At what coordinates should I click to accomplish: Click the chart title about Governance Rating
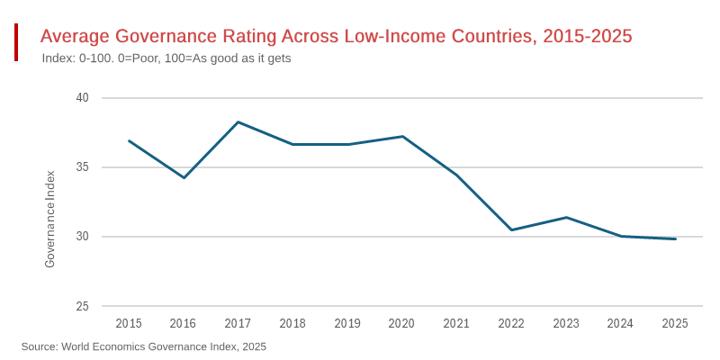[336, 37]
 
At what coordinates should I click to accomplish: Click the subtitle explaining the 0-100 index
[166, 58]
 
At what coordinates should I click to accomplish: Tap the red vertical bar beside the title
[16, 42]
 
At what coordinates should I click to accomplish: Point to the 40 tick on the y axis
[82, 98]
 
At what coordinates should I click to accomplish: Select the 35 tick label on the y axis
[82, 167]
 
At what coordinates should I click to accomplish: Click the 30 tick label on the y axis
[82, 237]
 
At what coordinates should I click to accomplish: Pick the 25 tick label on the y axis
[82, 307]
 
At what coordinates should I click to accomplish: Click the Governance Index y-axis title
[50, 219]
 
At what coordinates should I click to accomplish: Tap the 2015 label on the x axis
[129, 323]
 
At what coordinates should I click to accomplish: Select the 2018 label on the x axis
[292, 323]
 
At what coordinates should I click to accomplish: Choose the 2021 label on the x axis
[456, 323]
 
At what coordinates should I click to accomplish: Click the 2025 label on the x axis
[675, 323]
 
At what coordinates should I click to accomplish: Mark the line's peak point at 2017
[238, 121]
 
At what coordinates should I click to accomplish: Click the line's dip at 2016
[184, 177]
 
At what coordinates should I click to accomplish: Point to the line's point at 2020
[402, 136]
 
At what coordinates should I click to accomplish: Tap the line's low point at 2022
[511, 229]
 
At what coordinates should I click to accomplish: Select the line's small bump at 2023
[566, 217]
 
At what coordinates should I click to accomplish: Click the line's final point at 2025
[675, 238]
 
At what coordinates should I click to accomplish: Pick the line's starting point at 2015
[129, 140]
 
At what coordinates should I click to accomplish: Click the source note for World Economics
[144, 346]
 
